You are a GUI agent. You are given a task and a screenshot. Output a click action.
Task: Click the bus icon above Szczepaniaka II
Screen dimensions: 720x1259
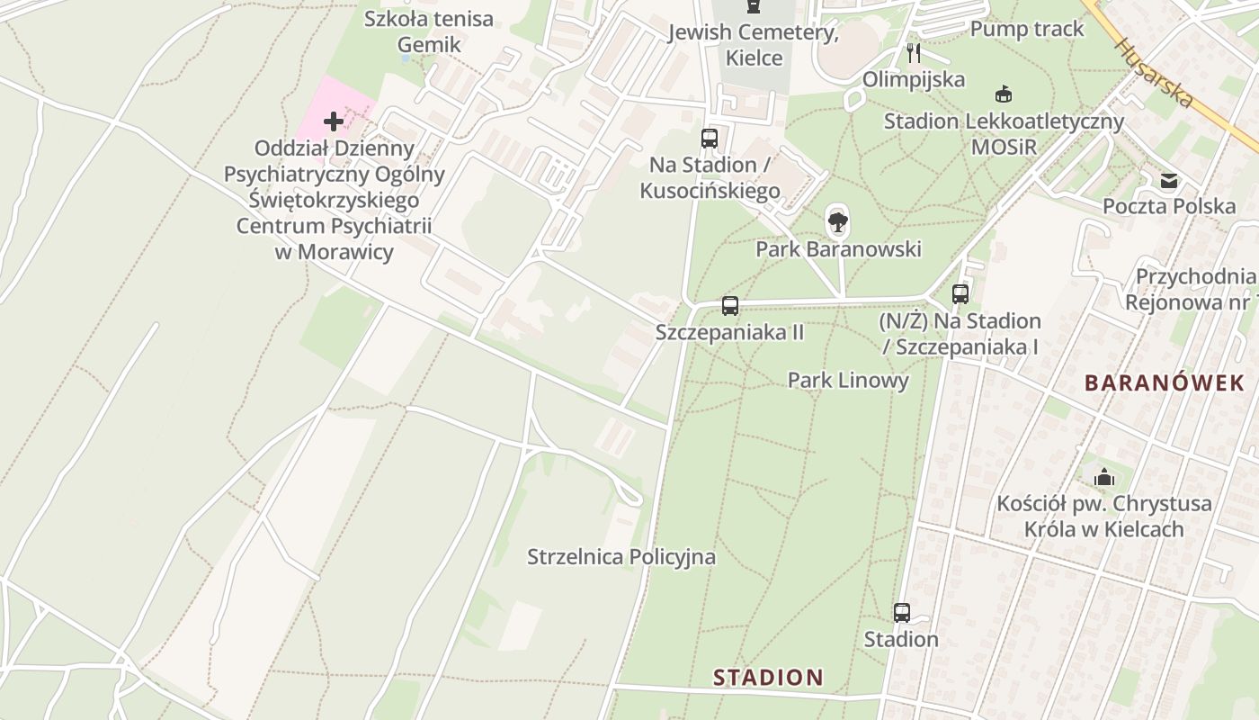pos(729,306)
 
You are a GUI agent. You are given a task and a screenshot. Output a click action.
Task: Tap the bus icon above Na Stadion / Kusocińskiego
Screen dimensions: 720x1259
pos(710,139)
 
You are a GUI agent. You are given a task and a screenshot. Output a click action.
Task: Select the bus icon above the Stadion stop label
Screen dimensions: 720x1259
pos(901,613)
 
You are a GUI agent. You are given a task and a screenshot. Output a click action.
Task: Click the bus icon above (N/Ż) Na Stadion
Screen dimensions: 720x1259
pos(960,294)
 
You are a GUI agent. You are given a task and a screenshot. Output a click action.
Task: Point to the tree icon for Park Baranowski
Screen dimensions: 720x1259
pos(838,220)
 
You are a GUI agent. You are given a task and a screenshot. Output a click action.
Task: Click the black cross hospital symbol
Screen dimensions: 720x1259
pos(334,121)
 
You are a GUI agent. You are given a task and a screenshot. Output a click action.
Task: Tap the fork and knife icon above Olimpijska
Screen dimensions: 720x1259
pos(914,53)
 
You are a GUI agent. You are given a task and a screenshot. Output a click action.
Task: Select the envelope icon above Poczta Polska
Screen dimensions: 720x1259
pos(1169,181)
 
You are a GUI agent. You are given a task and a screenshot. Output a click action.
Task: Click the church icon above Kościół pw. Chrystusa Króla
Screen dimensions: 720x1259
pos(1103,477)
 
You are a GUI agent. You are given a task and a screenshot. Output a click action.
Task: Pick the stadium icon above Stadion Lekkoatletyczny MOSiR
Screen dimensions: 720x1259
pos(1004,94)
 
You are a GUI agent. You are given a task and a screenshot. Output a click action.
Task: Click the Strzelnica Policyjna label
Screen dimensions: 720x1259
pos(621,557)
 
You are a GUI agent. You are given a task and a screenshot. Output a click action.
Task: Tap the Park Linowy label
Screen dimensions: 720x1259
pos(848,380)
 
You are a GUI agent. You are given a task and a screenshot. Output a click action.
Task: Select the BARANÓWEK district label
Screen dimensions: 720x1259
pos(1164,382)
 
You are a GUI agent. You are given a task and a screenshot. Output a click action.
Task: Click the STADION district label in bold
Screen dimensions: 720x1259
pos(768,677)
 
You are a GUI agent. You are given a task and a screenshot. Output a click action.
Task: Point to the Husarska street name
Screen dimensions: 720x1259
pos(1155,72)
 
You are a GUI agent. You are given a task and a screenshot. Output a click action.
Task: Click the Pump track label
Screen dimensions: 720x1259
pos(1027,29)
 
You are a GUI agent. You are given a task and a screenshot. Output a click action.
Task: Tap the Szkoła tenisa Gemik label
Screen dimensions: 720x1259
pos(429,31)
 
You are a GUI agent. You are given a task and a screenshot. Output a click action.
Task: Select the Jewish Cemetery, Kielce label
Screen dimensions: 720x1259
pos(754,45)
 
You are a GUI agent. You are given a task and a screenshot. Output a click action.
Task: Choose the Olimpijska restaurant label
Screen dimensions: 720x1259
pos(914,79)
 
